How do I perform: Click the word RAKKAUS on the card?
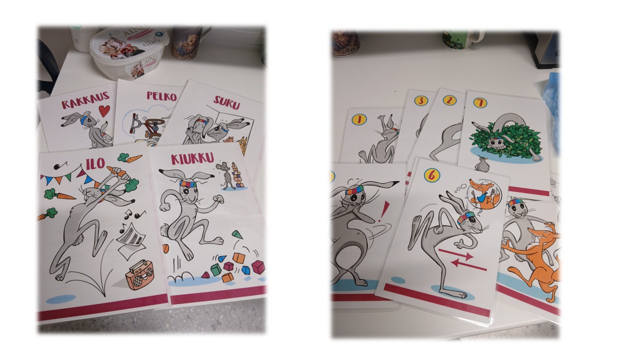(x=85, y=99)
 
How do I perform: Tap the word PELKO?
(x=161, y=96)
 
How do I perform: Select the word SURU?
(x=226, y=103)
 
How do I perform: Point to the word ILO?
(x=95, y=164)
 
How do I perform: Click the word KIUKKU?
(x=192, y=159)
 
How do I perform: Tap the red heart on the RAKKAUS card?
(x=104, y=111)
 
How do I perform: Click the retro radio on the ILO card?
(x=139, y=275)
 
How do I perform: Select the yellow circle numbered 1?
(x=359, y=119)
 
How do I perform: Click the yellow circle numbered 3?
(x=421, y=100)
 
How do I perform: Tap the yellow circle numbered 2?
(x=449, y=100)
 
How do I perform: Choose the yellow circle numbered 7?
(x=480, y=103)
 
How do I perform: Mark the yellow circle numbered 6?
(x=432, y=174)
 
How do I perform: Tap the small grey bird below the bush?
(x=480, y=164)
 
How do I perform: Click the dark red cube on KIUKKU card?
(x=258, y=267)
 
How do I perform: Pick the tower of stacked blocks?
(x=237, y=175)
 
